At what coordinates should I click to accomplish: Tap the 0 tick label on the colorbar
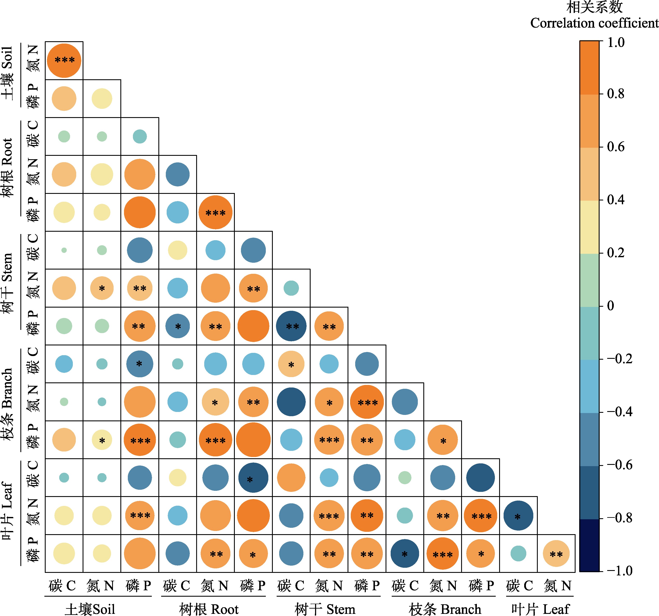(611, 305)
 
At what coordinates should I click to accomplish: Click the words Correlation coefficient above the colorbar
(594, 23)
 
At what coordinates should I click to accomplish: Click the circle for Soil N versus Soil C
(64, 61)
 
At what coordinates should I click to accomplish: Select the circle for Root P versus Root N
(215, 212)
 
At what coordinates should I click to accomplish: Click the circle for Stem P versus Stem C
(291, 326)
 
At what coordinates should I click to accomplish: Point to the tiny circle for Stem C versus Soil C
(64, 250)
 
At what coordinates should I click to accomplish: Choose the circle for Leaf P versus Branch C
(405, 554)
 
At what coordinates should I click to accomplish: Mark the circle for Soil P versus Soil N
(102, 99)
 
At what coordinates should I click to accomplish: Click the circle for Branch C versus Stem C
(291, 364)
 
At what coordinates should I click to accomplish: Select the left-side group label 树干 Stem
(7, 283)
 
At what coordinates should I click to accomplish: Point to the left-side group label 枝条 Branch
(7, 404)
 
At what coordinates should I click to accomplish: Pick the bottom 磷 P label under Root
(253, 586)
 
